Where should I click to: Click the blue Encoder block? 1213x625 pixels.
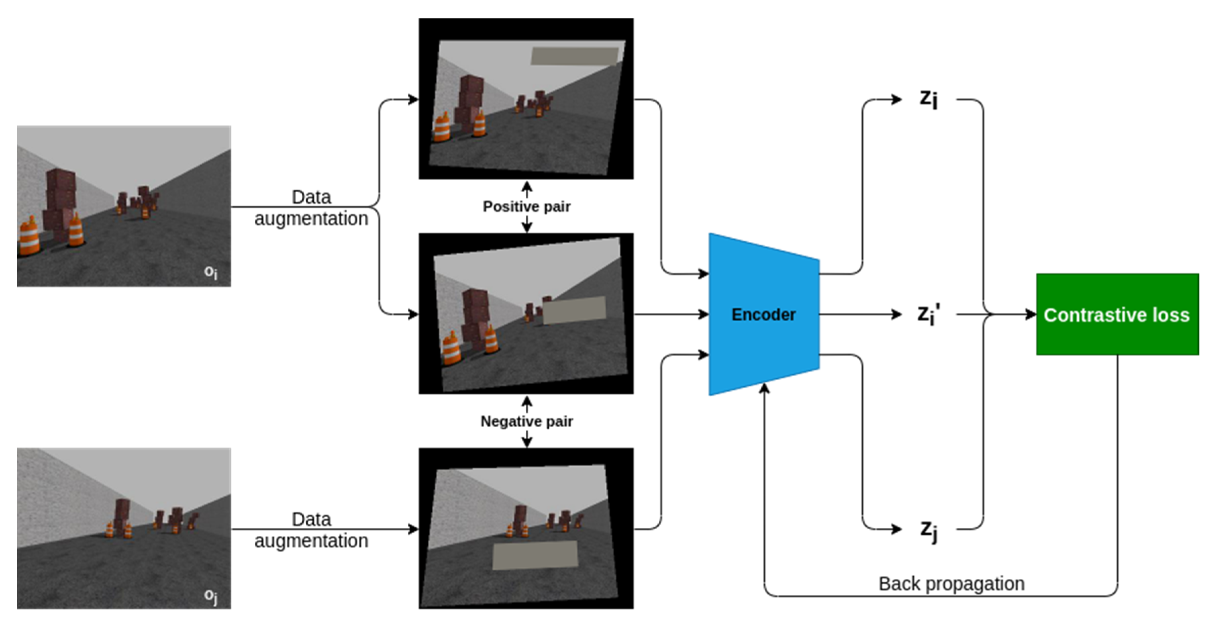click(x=763, y=314)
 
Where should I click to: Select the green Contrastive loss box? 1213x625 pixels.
click(x=1117, y=314)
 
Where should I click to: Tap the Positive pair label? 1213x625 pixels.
click(x=526, y=206)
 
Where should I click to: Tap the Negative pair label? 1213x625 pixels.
click(x=526, y=421)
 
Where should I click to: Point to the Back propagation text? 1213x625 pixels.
click(x=951, y=584)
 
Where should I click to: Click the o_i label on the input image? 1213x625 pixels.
click(x=210, y=272)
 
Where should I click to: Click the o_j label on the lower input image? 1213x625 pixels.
click(x=210, y=595)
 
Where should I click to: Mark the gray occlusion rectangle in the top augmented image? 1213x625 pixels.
click(x=574, y=56)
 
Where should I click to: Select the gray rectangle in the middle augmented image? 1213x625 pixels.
click(x=574, y=310)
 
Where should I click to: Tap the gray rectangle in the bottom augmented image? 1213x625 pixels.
click(x=535, y=555)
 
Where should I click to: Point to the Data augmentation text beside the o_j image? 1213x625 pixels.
click(x=311, y=530)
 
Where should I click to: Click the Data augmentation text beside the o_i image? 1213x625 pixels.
click(x=311, y=208)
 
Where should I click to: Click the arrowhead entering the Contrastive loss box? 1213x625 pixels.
click(x=1031, y=314)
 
